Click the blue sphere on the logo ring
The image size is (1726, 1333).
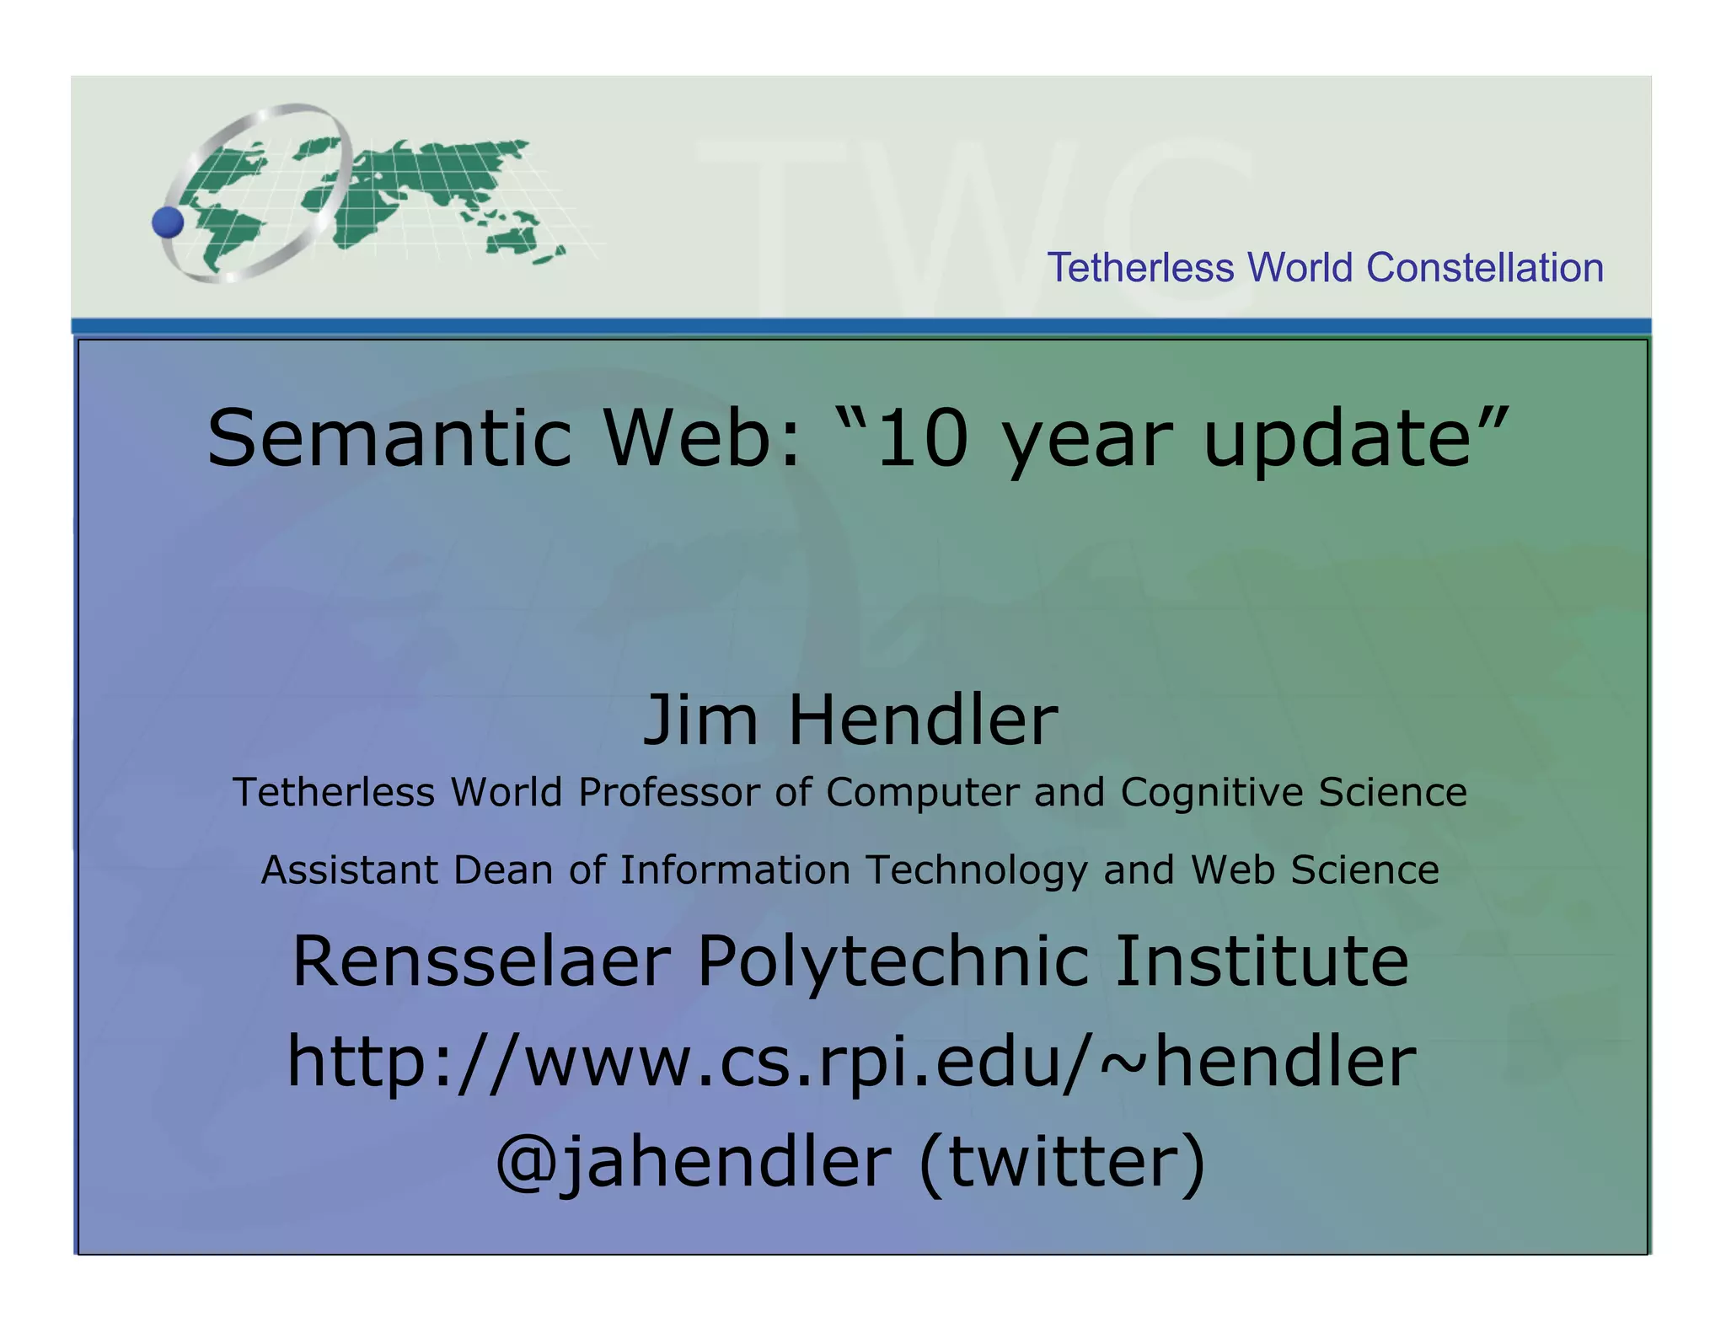point(168,222)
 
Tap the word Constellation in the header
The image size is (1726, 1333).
point(1484,268)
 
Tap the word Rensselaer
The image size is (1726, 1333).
point(481,961)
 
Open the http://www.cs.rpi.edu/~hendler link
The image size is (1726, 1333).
point(851,1062)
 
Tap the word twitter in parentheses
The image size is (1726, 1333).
point(1062,1161)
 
